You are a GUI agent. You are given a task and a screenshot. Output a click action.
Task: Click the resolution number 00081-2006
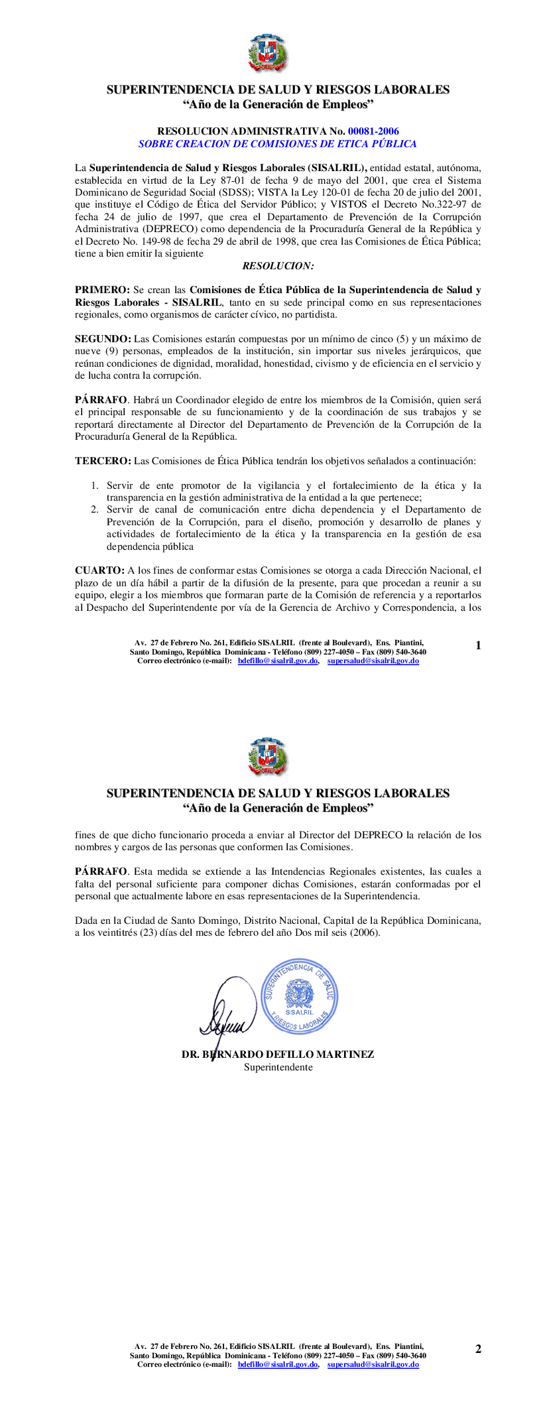(373, 131)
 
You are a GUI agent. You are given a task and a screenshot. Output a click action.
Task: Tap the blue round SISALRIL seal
(300, 997)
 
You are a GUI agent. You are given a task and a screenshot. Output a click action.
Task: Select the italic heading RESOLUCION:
(278, 266)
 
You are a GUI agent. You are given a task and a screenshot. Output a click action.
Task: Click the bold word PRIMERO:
(102, 290)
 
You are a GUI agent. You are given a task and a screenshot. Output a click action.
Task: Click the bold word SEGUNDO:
(103, 339)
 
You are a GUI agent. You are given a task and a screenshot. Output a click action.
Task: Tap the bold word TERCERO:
(103, 461)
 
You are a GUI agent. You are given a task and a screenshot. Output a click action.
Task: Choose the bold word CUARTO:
(99, 570)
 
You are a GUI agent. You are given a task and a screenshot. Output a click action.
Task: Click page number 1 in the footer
(478, 645)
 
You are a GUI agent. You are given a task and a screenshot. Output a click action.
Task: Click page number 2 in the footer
(478, 1349)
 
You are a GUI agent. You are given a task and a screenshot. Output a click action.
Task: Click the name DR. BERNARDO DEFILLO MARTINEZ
(278, 1054)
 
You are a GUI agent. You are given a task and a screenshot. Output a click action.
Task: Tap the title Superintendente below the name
(278, 1067)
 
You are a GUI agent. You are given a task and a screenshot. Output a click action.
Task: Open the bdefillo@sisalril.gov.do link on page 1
(278, 661)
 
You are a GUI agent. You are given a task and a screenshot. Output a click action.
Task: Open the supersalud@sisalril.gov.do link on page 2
(373, 1364)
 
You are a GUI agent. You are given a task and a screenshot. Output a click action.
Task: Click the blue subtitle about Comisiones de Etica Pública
(277, 143)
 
